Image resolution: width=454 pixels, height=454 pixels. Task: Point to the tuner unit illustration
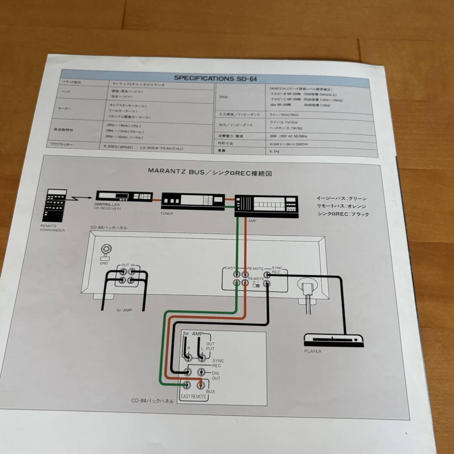(x=192, y=200)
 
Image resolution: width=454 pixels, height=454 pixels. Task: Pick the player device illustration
(x=333, y=339)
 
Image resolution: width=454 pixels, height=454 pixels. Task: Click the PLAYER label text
(x=313, y=351)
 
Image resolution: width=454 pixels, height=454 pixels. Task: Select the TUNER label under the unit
(x=166, y=214)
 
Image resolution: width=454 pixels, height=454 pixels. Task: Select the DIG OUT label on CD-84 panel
(x=216, y=375)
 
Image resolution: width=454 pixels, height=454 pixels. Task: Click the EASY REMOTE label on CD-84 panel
(x=194, y=396)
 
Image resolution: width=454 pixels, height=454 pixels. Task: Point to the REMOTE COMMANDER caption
(x=53, y=228)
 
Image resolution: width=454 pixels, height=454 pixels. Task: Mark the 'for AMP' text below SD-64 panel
(x=124, y=310)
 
